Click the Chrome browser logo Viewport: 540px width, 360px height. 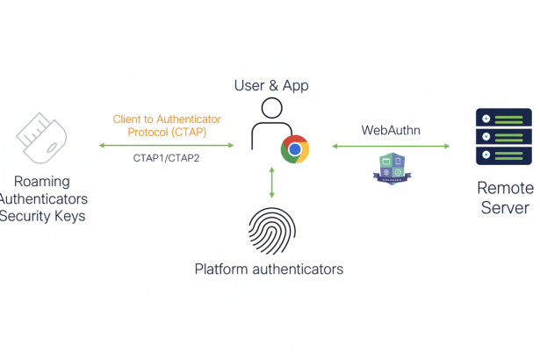[295, 149]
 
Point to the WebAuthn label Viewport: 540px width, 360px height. [391, 130]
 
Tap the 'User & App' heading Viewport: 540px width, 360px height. [272, 85]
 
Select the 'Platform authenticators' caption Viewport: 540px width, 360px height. [269, 269]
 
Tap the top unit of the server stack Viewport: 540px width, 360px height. [503, 118]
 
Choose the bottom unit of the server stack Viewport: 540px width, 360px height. [503, 156]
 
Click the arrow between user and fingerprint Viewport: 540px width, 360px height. [272, 181]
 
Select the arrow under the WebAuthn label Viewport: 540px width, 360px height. [391, 146]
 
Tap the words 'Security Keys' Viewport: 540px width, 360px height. [41, 215]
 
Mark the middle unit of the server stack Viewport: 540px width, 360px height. [503, 137]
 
